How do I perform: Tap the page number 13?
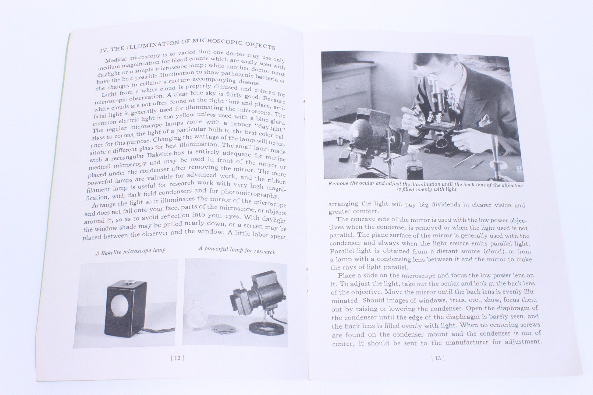pos(438,358)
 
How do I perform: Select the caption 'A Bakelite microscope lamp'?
pos(130,251)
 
